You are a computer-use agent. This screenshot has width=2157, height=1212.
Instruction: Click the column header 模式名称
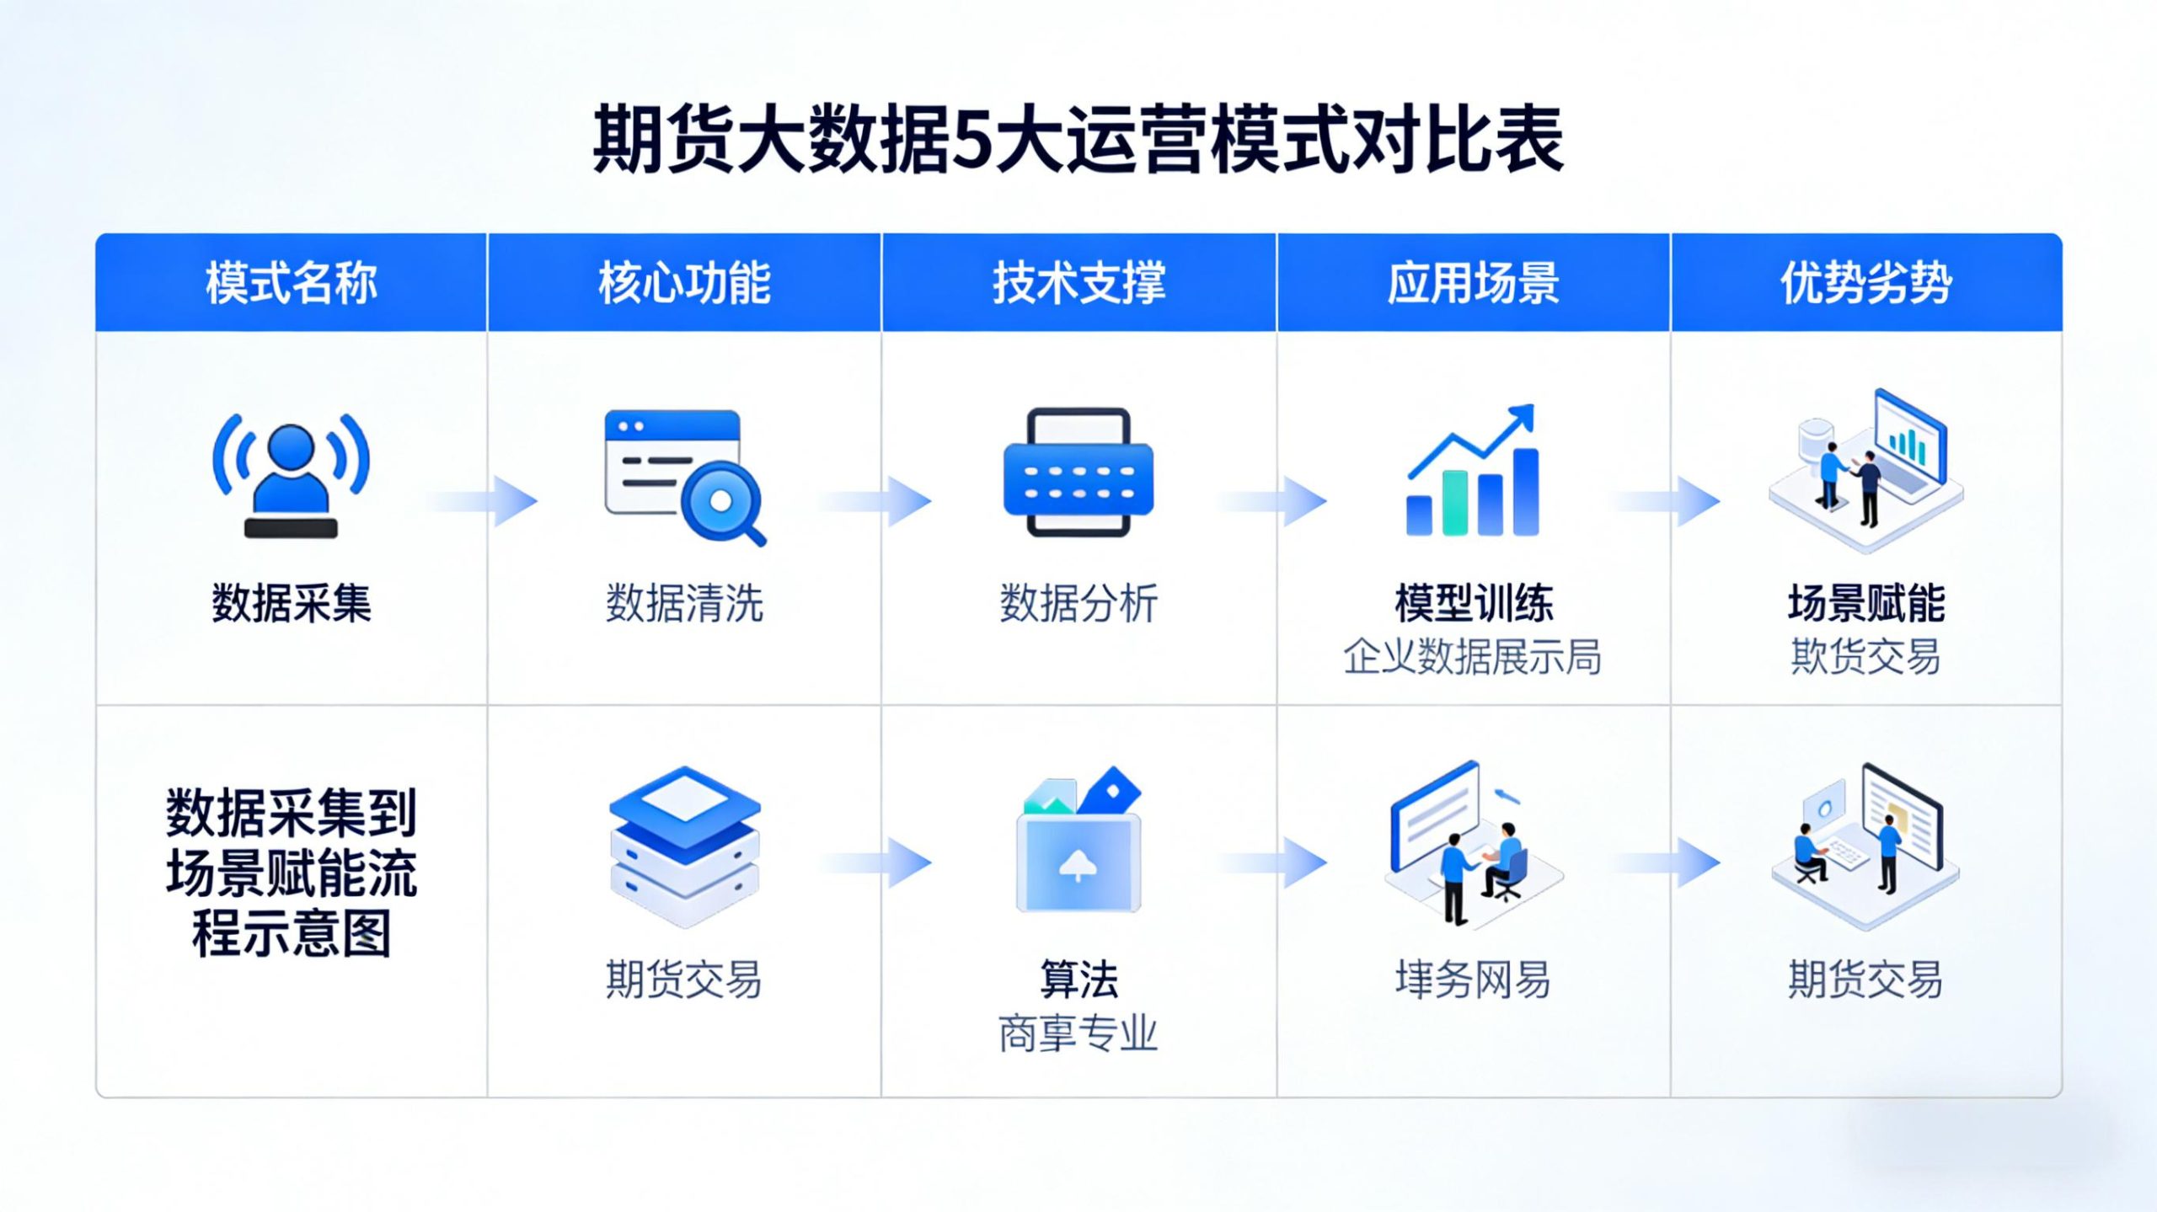291,283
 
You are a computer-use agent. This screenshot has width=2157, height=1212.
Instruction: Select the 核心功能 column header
684,283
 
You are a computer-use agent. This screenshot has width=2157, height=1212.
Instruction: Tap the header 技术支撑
1078,283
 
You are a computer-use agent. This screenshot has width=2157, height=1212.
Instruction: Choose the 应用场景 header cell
1473,283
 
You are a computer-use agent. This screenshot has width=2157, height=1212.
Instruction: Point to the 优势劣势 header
1866,283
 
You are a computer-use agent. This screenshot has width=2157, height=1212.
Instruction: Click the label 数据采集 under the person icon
291,603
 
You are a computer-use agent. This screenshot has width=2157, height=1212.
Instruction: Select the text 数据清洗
684,603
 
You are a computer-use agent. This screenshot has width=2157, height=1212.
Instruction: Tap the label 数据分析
1078,603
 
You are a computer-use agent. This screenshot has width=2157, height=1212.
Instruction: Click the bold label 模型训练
1473,603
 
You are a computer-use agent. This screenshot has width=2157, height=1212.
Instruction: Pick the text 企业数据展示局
1473,657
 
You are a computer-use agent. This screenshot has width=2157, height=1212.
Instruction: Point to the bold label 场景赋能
1866,603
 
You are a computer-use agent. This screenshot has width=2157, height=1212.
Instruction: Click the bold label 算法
1078,980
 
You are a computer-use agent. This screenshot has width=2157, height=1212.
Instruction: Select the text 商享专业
1078,1033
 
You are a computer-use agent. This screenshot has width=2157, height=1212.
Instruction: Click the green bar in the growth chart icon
1455,503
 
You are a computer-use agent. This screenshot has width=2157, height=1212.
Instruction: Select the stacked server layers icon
684,846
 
